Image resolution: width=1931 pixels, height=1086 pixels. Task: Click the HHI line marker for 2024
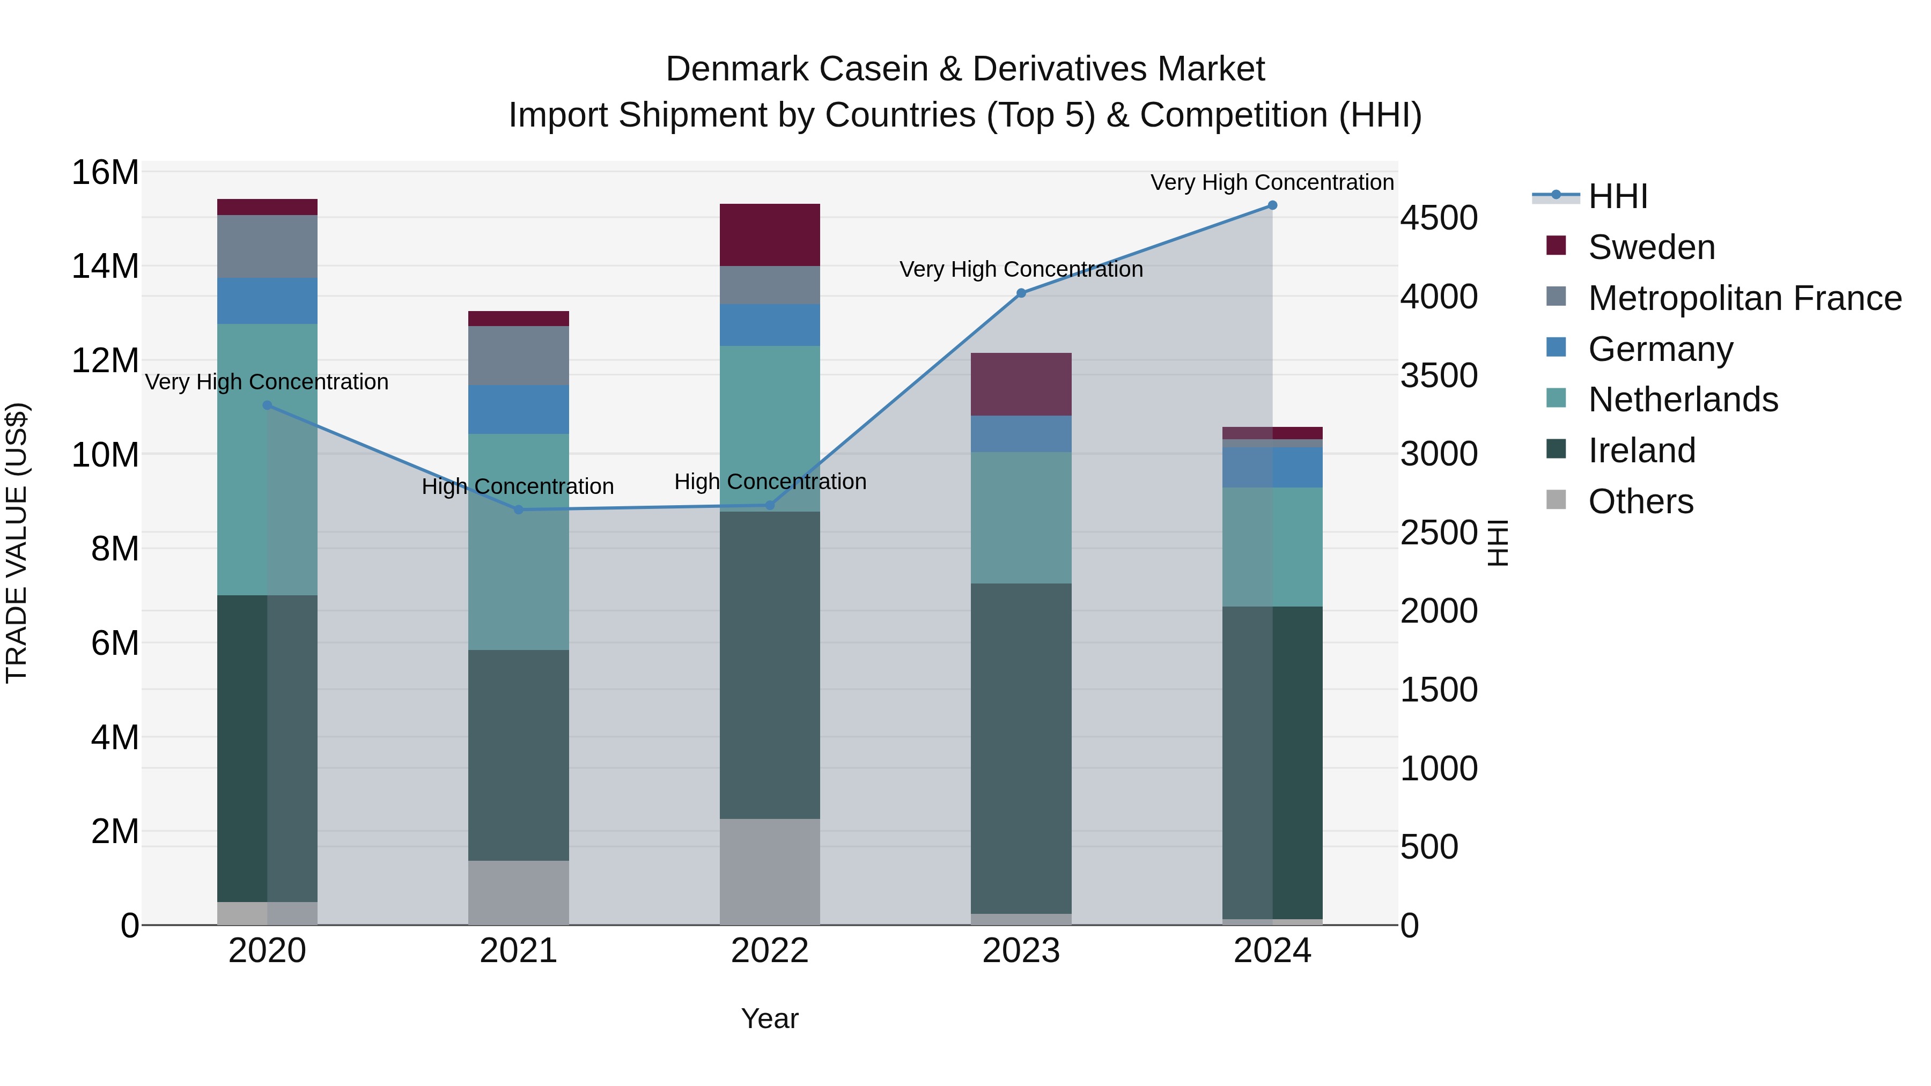(x=1272, y=205)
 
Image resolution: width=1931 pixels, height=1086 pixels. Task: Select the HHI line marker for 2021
(x=519, y=509)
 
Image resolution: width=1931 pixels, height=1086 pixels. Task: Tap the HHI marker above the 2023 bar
(x=1021, y=293)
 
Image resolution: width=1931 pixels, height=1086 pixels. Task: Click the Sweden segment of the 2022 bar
(x=770, y=234)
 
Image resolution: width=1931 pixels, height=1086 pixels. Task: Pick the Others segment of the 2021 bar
(x=519, y=892)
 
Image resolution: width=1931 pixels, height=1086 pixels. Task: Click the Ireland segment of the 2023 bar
(x=1021, y=748)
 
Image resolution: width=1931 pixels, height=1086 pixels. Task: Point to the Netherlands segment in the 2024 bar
(x=1272, y=547)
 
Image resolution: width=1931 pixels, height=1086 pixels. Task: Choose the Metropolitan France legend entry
(x=1744, y=298)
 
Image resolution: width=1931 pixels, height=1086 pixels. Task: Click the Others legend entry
(x=1640, y=501)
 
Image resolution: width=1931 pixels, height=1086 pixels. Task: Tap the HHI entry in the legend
(x=1618, y=196)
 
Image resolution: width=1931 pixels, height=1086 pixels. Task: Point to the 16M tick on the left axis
(x=105, y=172)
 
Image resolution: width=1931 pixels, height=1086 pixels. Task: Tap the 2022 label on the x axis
(x=770, y=951)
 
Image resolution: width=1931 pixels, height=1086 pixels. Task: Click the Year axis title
(x=770, y=1018)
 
